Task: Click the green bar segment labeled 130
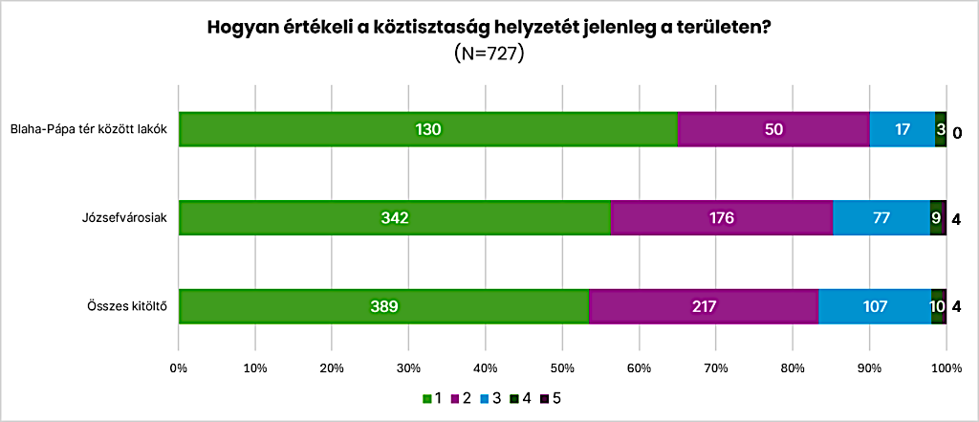pos(428,129)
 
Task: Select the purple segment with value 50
pos(773,129)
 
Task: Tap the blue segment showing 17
pos(903,129)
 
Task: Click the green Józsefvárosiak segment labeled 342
pos(395,217)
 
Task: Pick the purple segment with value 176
pos(722,217)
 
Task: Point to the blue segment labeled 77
pos(881,217)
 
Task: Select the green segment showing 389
pos(384,306)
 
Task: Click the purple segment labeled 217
pos(704,306)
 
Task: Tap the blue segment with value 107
pos(875,306)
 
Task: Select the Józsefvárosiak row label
pos(128,218)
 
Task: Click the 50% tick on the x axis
pos(562,368)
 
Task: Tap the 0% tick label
pos(179,368)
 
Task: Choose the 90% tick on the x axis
pos(869,368)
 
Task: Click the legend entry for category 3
pos(490,398)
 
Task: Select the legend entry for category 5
pos(552,398)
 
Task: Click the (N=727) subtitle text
pos(489,53)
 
